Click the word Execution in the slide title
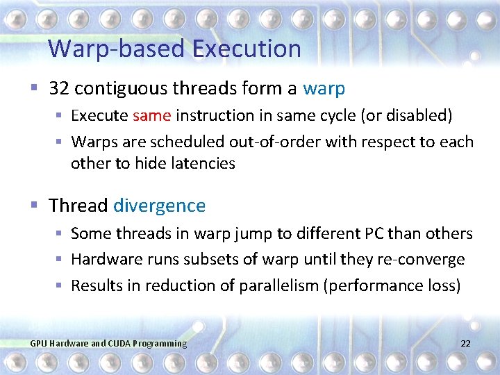[x=247, y=49]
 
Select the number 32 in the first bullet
[x=59, y=88]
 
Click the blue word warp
[x=324, y=89]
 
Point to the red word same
[x=151, y=115]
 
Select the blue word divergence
[x=159, y=206]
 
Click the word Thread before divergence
[x=78, y=206]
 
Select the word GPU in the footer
[x=39, y=344]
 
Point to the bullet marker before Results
[x=60, y=285]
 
